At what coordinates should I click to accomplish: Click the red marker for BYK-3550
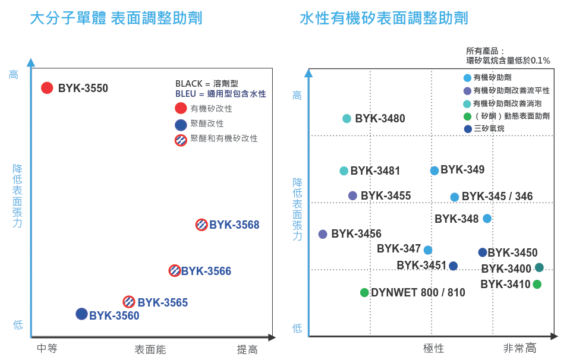pyautogui.click(x=47, y=88)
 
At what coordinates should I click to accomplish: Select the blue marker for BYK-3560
pyautogui.click(x=82, y=314)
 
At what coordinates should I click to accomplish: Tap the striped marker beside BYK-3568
pyautogui.click(x=202, y=225)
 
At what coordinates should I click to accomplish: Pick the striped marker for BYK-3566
pyautogui.click(x=174, y=270)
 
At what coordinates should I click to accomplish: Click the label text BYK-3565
pyautogui.click(x=163, y=302)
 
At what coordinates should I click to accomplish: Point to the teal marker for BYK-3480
pyautogui.click(x=347, y=118)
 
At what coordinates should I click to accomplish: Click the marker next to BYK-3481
pyautogui.click(x=344, y=170)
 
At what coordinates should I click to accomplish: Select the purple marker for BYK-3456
pyautogui.click(x=323, y=234)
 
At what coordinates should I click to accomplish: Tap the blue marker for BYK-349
pyautogui.click(x=434, y=170)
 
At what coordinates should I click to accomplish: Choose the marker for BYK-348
pyautogui.click(x=487, y=219)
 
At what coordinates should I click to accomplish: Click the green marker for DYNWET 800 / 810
pyautogui.click(x=364, y=292)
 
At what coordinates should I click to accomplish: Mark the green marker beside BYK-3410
pyautogui.click(x=537, y=284)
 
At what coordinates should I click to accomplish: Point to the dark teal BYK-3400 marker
pyautogui.click(x=539, y=267)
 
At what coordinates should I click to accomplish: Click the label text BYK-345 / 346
pyautogui.click(x=497, y=197)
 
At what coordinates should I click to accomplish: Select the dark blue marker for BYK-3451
pyautogui.click(x=453, y=266)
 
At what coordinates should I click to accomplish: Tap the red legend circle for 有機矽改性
pyautogui.click(x=181, y=108)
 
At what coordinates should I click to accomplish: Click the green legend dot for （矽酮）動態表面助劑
pyautogui.click(x=468, y=116)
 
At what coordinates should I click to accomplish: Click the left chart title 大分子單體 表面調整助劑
pyautogui.click(x=116, y=18)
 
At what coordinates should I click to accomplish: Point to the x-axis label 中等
pyautogui.click(x=47, y=349)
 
